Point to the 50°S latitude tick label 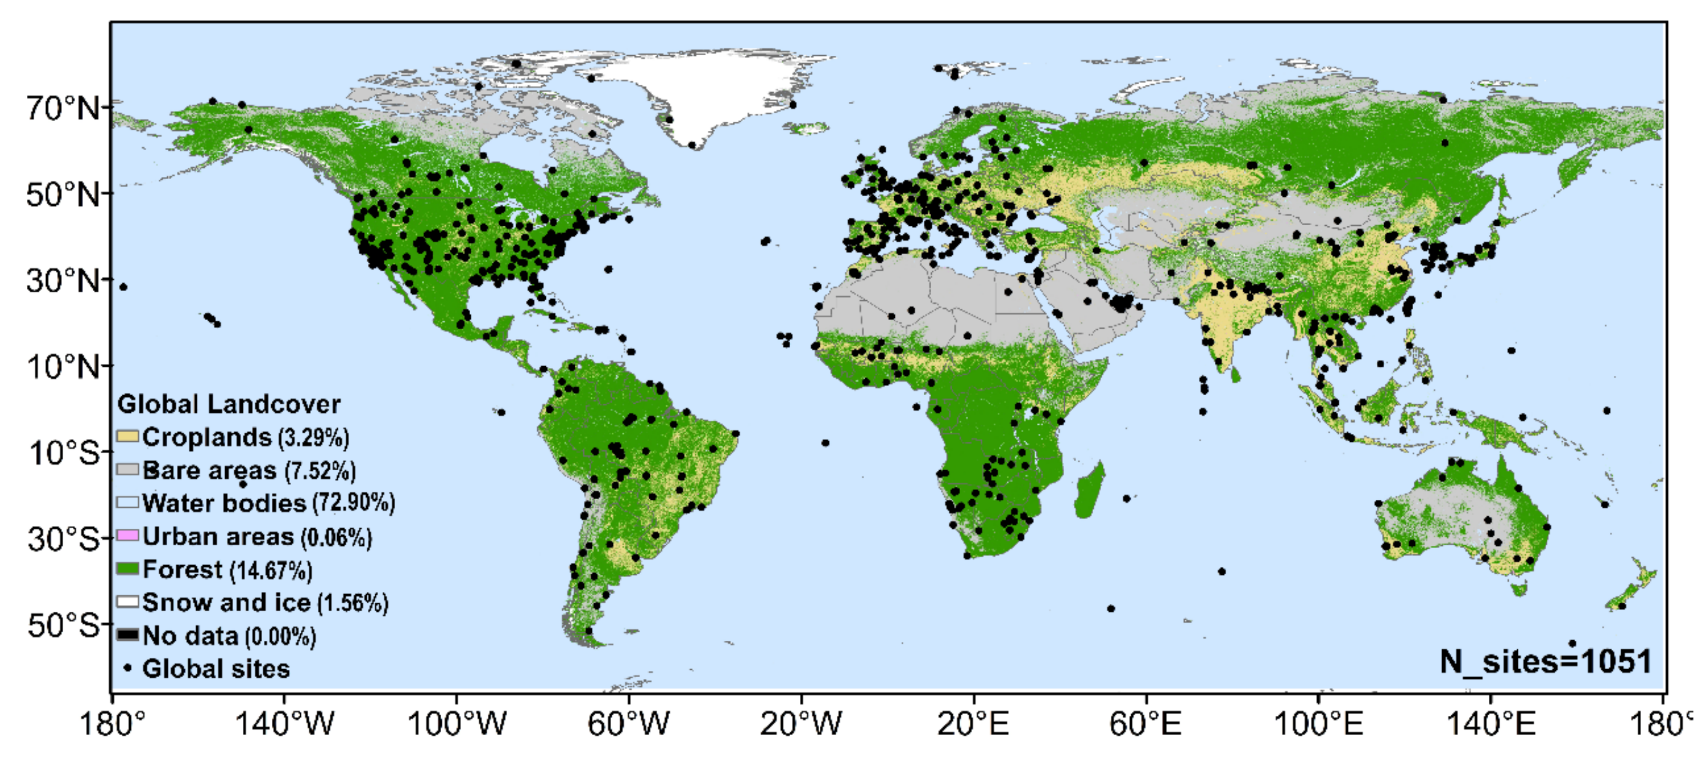tap(62, 625)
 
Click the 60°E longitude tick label tap(1145, 723)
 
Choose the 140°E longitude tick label tap(1490, 723)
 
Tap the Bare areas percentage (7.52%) tap(320, 470)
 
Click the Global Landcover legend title tap(228, 404)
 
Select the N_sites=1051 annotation tap(1545, 661)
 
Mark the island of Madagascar tap(1090, 490)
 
